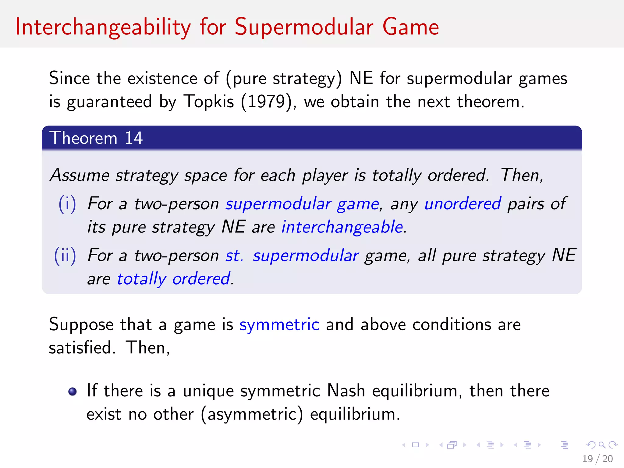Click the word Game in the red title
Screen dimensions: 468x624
point(410,27)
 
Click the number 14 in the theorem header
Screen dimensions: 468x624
point(133,138)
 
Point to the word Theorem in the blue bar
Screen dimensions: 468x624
point(83,138)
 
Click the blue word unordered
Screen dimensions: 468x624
point(463,204)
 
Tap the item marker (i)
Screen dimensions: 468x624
point(67,204)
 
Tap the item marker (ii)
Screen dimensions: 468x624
point(65,255)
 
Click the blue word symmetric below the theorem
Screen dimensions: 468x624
point(279,324)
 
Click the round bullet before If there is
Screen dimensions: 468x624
point(73,391)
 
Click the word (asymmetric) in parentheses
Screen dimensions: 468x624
point(252,414)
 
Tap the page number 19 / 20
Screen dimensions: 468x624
point(597,459)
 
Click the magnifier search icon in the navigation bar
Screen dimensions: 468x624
point(602,445)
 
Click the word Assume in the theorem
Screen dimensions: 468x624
point(80,175)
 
